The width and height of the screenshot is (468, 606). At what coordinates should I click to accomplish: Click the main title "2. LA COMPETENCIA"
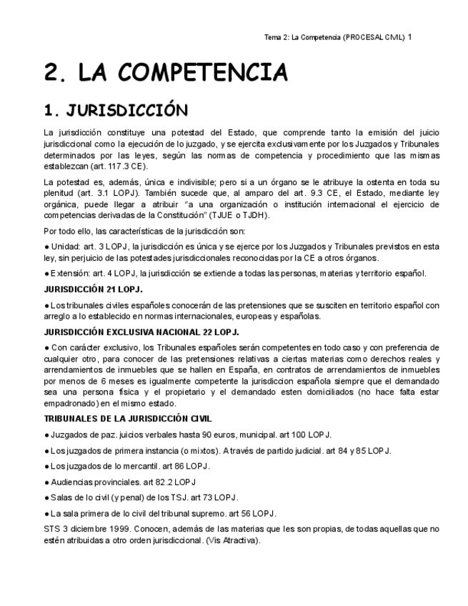click(166, 72)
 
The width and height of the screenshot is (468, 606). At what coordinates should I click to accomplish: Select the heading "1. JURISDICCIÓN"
click(116, 111)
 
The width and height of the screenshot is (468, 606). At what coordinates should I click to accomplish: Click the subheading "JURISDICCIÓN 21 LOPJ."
click(94, 289)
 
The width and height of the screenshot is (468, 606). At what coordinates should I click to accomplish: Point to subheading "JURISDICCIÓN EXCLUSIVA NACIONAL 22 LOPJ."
click(141, 332)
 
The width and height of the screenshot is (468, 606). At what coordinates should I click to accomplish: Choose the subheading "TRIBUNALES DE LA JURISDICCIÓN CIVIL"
click(128, 419)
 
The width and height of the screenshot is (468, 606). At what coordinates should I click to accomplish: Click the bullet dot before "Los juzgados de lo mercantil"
click(46, 466)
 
